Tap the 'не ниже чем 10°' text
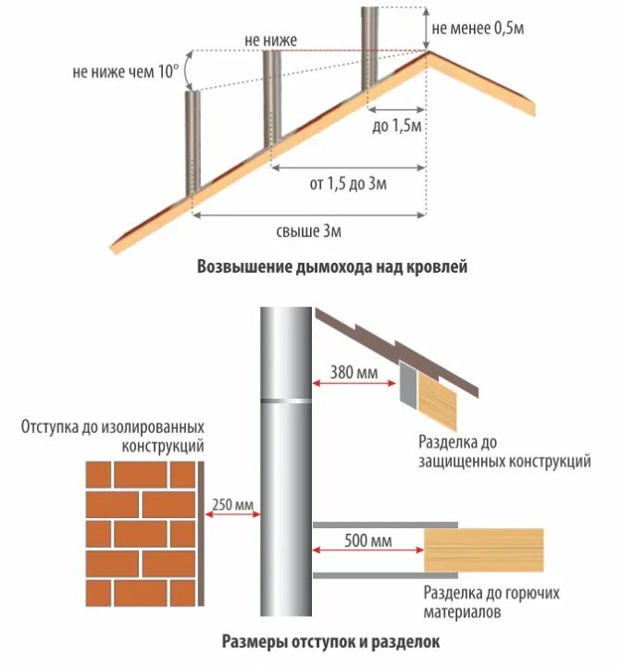pos(124,71)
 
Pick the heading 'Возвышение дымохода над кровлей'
pos(332,268)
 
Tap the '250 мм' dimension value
pos(230,504)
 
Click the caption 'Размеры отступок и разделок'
pos(330,640)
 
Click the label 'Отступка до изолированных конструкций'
pos(112,436)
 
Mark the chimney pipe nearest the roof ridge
pos(369,51)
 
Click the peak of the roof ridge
pos(427,52)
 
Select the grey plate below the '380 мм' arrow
pos(407,383)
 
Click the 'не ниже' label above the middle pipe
pos(270,40)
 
